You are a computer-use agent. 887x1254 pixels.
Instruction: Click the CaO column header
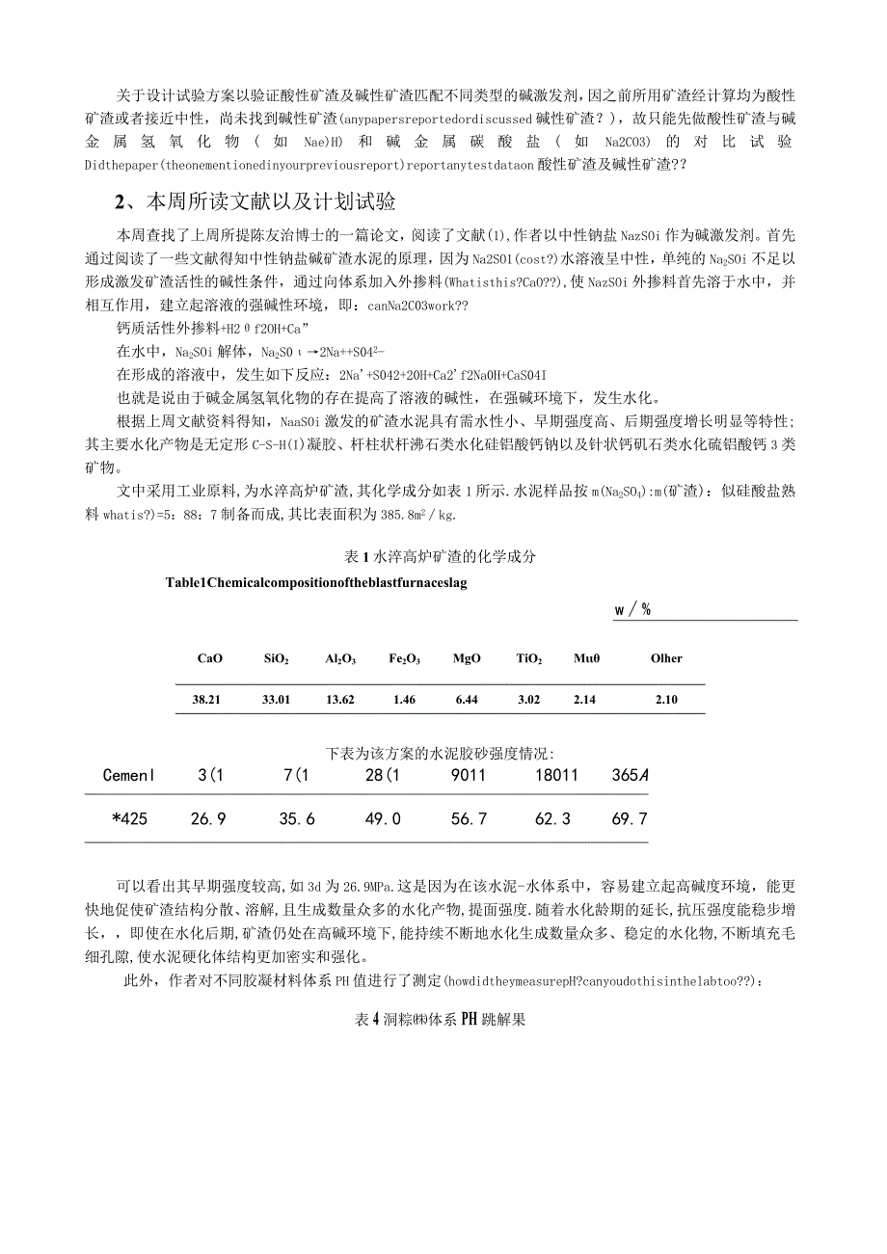pyautogui.click(x=210, y=658)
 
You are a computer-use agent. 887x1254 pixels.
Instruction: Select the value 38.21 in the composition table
pyautogui.click(x=207, y=699)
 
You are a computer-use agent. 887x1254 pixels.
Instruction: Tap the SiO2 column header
pyautogui.click(x=276, y=658)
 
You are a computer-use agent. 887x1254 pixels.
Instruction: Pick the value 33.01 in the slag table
pyautogui.click(x=276, y=699)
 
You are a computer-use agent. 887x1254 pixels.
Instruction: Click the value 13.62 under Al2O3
pyautogui.click(x=340, y=699)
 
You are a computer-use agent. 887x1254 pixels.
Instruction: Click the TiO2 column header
pyautogui.click(x=528, y=658)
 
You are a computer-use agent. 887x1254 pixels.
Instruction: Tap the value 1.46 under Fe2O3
pyautogui.click(x=404, y=699)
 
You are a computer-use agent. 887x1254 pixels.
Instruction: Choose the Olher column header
pyautogui.click(x=666, y=658)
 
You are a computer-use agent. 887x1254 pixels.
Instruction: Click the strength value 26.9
pyautogui.click(x=208, y=818)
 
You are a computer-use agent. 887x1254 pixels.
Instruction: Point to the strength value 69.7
pyautogui.click(x=630, y=818)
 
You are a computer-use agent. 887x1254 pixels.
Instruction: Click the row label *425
pyautogui.click(x=129, y=818)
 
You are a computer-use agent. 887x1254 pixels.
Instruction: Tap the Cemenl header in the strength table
pyautogui.click(x=128, y=774)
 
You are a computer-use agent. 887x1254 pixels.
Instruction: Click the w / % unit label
pyautogui.click(x=632, y=609)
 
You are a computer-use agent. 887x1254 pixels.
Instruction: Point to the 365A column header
pyautogui.click(x=630, y=774)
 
